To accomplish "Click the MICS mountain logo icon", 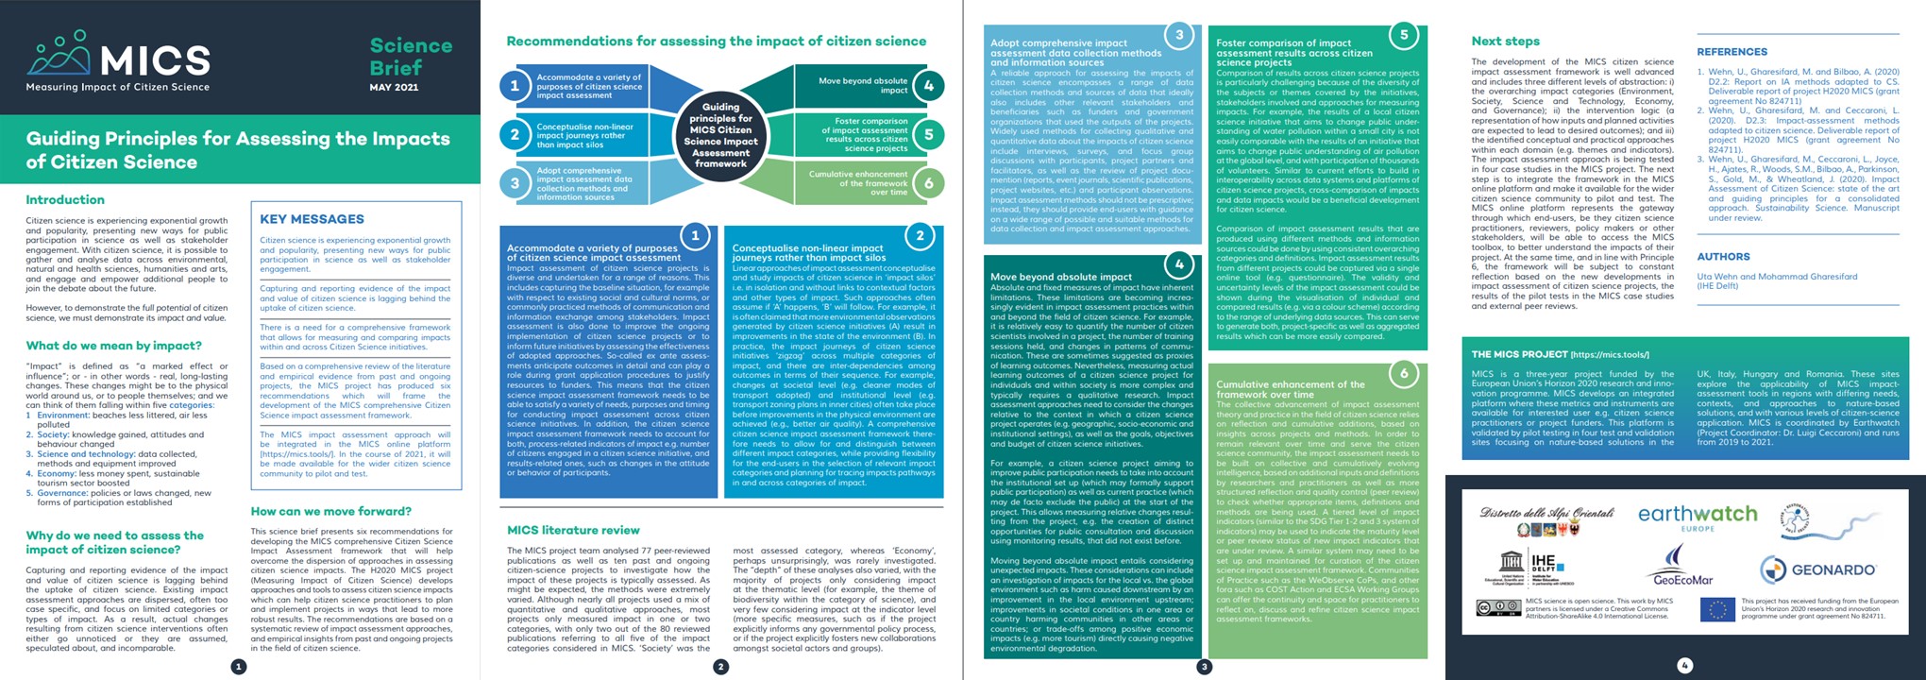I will (59, 54).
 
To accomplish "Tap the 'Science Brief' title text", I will (411, 57).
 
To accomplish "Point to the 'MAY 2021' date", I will (394, 87).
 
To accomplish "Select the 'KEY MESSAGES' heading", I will (312, 219).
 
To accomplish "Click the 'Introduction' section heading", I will (65, 200).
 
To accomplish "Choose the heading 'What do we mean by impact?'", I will (114, 346).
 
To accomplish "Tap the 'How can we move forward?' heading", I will (331, 511).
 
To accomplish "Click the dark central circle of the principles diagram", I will (720, 135).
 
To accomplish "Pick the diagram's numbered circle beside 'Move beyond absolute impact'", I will (929, 86).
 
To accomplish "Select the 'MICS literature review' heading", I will (573, 531).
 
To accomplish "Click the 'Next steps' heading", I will (1505, 41).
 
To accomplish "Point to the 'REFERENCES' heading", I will (1732, 52).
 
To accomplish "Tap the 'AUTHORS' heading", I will (1723, 257).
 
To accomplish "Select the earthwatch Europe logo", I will (1697, 517).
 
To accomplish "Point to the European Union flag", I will (1717, 609).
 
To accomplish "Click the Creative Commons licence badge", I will (1498, 607).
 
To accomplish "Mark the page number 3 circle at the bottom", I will (1204, 667).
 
